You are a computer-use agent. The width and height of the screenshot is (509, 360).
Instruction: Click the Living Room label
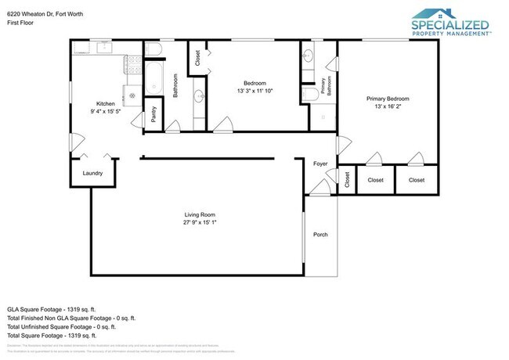[x=200, y=214]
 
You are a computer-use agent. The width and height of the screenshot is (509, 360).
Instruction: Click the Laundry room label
[x=92, y=174]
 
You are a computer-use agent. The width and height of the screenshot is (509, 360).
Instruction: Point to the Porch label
[x=320, y=234]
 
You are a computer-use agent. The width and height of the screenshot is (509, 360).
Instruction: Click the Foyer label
[x=320, y=164]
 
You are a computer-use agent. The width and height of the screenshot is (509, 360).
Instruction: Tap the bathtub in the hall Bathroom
[x=153, y=78]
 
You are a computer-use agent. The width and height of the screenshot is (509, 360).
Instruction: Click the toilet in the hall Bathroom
[x=154, y=52]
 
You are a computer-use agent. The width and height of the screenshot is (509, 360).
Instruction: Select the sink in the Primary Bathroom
[x=308, y=57]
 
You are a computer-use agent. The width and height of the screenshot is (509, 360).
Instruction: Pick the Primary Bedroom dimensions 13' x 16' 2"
[x=388, y=106]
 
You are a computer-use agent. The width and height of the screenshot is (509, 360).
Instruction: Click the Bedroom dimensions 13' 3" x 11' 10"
[x=254, y=92]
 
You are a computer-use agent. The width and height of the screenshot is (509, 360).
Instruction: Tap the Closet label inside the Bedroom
[x=197, y=58]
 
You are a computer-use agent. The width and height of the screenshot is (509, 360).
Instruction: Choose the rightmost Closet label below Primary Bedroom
[x=416, y=180]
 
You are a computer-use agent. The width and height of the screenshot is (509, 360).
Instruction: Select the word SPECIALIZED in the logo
[x=450, y=24]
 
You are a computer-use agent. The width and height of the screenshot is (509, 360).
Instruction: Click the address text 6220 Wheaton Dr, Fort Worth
[x=44, y=13]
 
